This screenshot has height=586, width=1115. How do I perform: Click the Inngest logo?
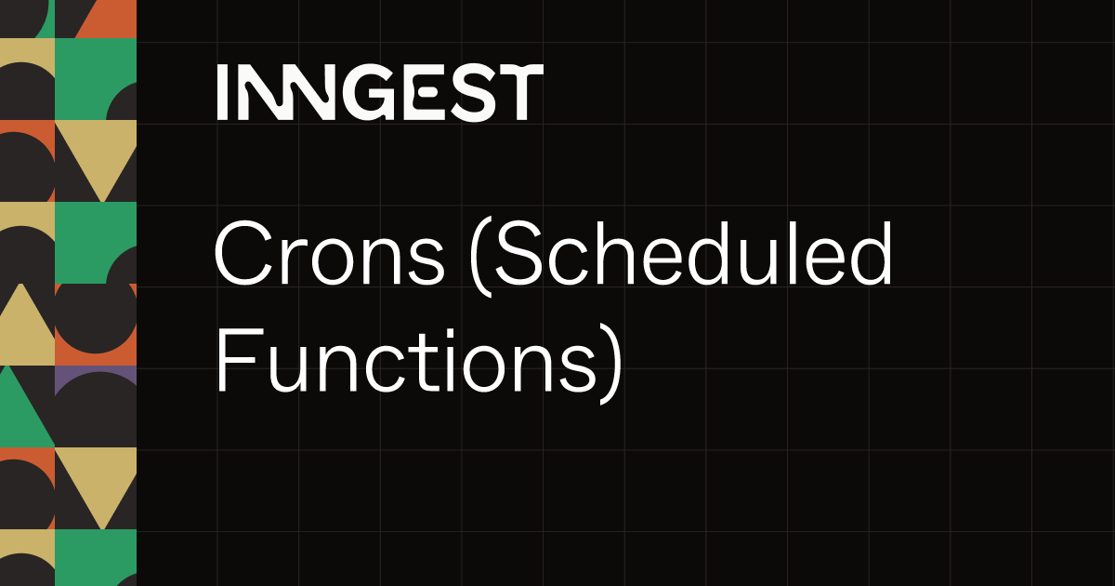click(x=380, y=92)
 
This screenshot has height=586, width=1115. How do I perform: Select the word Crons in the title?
click(x=329, y=254)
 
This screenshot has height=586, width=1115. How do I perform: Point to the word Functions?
click(x=406, y=361)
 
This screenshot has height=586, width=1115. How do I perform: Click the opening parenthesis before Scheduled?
click(x=481, y=257)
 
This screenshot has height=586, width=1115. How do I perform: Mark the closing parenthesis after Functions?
click(x=611, y=364)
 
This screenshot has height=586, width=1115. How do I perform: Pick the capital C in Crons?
click(x=243, y=254)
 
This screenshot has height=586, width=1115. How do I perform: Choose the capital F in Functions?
click(x=240, y=360)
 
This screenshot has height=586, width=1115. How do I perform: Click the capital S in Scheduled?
click(x=519, y=254)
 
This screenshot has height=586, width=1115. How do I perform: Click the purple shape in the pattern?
click(x=96, y=377)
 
